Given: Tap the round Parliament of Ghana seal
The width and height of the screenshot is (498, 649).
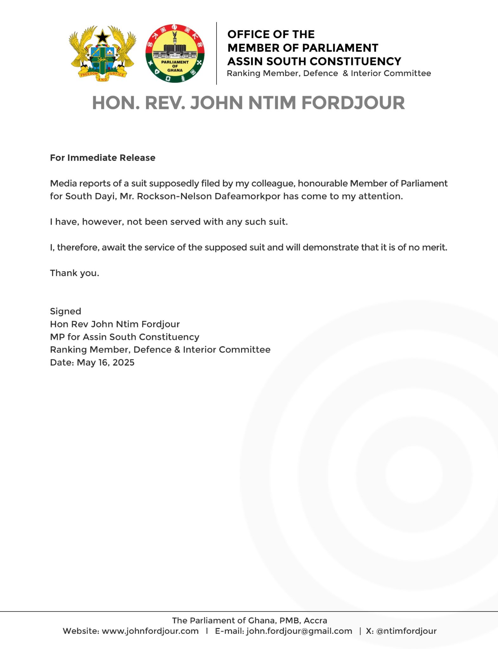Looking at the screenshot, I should (x=175, y=53).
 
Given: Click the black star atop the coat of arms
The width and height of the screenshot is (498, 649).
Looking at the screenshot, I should (x=102, y=37).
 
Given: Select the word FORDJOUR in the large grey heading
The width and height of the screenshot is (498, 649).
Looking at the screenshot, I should (x=353, y=103).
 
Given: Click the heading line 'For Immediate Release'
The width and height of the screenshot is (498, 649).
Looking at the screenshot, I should (x=103, y=158).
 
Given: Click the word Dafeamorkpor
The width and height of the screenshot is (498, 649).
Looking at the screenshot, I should (x=247, y=196).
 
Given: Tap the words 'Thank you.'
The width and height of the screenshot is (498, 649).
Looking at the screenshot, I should (x=74, y=273).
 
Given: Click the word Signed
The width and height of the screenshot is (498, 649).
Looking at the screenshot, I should (x=66, y=312).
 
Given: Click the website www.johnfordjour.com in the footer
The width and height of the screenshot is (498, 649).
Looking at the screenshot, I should (x=150, y=631).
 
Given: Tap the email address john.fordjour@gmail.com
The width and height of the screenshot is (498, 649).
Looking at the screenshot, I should (x=299, y=631).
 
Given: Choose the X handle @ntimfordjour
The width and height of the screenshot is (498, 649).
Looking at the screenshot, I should (x=406, y=631).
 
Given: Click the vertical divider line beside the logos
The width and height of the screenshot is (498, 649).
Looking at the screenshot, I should (x=217, y=53).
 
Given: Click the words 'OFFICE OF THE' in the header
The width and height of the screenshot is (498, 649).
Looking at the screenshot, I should (x=271, y=34).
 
